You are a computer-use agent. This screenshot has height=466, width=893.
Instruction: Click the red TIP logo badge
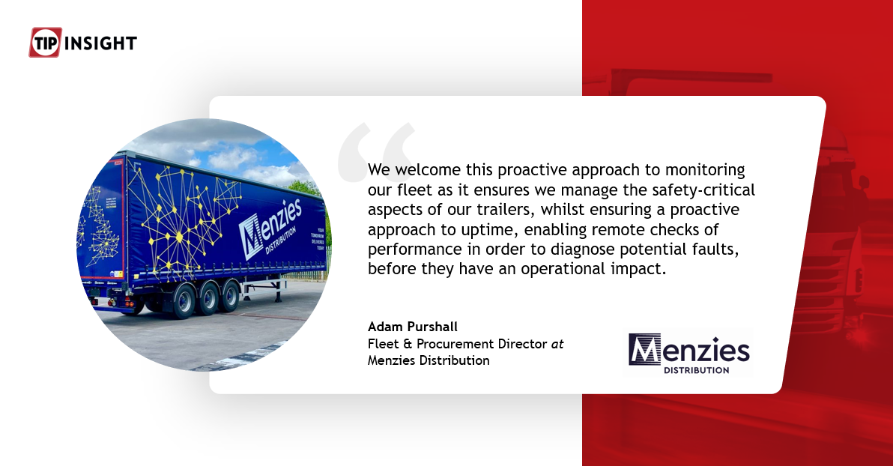point(44,43)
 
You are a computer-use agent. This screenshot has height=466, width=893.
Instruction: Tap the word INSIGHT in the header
point(100,43)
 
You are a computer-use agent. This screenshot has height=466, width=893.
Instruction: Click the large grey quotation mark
point(375,154)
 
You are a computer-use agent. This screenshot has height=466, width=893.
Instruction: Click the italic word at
point(557,344)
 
